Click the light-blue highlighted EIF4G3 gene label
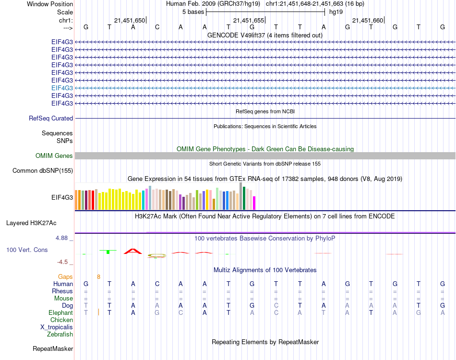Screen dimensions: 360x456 (x=62, y=88)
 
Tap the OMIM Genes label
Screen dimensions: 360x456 (x=54, y=156)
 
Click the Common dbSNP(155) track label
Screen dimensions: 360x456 (x=43, y=170)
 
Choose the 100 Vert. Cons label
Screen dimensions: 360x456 (x=27, y=250)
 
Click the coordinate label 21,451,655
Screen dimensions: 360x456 (x=249, y=21)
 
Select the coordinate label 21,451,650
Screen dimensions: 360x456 (x=130, y=21)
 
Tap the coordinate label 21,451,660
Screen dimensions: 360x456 (x=368, y=21)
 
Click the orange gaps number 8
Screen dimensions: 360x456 (x=98, y=277)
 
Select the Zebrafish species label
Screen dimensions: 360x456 (x=60, y=335)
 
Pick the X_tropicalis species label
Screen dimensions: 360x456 (x=57, y=327)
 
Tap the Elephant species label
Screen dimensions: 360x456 (x=60, y=312)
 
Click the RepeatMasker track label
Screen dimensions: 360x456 (x=53, y=348)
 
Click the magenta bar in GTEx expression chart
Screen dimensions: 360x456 (x=254, y=203)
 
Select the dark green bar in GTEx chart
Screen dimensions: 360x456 (x=244, y=198)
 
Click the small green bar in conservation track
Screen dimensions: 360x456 (x=108, y=252)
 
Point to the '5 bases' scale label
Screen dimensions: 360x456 (x=193, y=12)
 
